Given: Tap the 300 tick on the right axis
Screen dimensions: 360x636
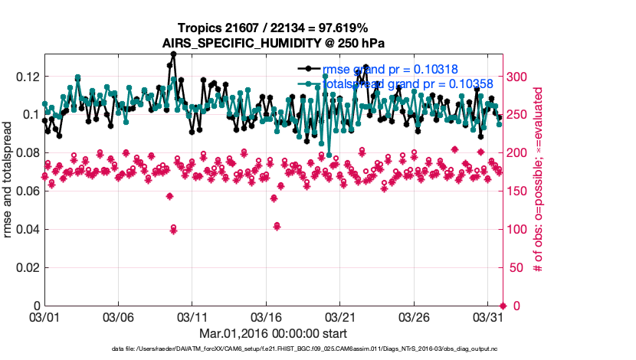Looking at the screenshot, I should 517,77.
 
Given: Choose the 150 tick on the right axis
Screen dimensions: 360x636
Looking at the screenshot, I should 517,191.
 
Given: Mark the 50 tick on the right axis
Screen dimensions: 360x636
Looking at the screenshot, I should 514,268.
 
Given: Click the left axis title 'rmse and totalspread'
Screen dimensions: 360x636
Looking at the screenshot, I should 8,180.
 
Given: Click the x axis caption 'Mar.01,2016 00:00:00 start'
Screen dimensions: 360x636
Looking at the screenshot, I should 273,333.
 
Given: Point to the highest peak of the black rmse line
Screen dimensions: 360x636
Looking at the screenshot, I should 174,54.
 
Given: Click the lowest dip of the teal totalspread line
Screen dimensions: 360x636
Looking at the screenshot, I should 329,155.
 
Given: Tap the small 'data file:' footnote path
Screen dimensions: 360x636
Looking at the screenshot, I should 303,349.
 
